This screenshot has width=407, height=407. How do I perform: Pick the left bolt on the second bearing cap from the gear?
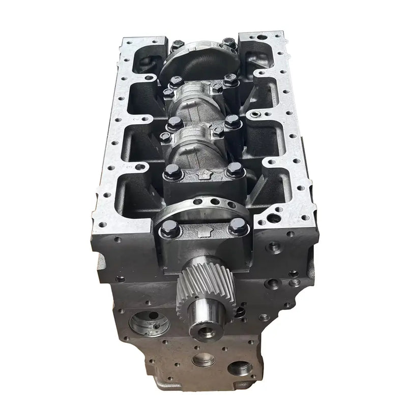169,171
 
